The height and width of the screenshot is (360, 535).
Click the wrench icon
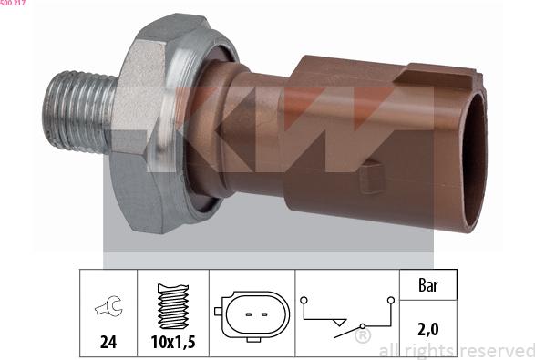tap(108, 309)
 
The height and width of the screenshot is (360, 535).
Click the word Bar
tap(427, 285)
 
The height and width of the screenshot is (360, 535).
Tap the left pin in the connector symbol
tap(243, 313)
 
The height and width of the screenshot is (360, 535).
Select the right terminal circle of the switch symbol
tap(390, 300)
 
